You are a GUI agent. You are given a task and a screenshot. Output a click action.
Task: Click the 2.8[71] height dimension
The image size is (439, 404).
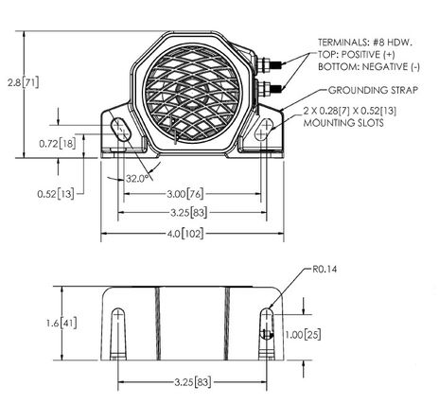click(x=24, y=82)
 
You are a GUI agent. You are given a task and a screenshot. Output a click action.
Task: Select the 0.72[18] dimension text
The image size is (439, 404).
click(x=58, y=144)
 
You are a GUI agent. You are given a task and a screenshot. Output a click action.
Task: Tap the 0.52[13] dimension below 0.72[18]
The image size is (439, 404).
click(x=56, y=194)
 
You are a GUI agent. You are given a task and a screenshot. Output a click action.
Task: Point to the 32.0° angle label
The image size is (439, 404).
click(x=137, y=179)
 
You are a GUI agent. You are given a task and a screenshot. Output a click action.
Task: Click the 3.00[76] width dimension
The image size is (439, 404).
click(x=185, y=194)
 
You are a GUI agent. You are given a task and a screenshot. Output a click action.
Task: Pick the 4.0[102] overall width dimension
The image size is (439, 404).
click(x=185, y=234)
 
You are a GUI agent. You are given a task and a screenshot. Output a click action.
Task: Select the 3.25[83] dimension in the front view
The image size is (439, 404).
click(x=189, y=213)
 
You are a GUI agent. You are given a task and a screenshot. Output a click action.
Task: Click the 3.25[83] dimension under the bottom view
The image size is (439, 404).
click(x=193, y=382)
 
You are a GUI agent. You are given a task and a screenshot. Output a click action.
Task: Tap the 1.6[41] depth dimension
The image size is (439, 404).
click(x=61, y=324)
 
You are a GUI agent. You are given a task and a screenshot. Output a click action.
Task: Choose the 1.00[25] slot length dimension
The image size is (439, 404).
click(x=303, y=335)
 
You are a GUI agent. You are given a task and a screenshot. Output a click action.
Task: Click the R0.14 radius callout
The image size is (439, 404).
click(x=325, y=269)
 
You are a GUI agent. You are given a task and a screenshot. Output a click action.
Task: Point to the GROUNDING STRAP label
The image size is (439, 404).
click(x=373, y=90)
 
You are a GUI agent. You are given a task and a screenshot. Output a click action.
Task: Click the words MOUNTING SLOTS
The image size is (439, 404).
click(x=343, y=123)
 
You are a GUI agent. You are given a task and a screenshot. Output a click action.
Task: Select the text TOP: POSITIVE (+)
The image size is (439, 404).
click(x=357, y=54)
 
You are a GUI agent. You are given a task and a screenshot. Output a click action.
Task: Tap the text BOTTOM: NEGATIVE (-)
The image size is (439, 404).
click(x=369, y=66)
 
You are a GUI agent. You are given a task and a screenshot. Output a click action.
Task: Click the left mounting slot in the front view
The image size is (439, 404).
click(x=120, y=130)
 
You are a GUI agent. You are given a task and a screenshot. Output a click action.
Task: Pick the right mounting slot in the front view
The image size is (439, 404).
click(x=263, y=130)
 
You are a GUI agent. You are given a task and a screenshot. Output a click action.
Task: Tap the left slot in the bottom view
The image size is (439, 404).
click(x=118, y=334)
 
